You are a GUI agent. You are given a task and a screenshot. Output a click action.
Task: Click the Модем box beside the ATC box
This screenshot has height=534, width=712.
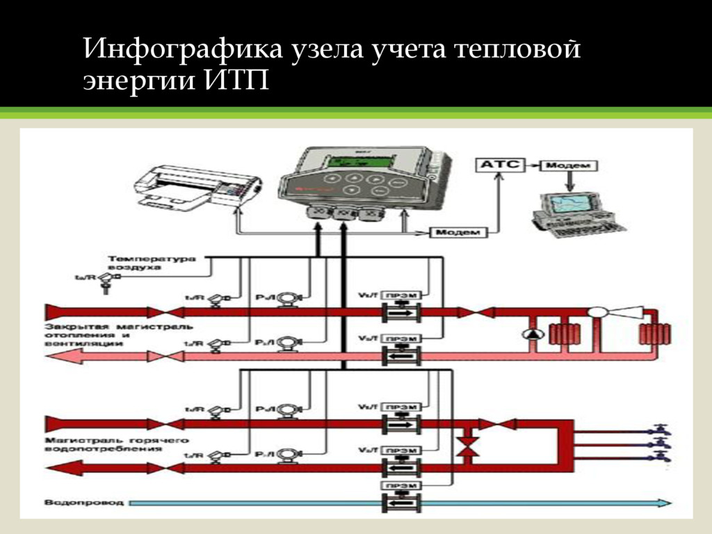click(569, 165)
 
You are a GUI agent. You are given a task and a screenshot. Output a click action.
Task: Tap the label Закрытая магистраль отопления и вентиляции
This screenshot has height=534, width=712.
click(119, 334)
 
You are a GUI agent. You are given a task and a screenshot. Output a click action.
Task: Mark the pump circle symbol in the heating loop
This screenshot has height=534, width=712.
click(532, 334)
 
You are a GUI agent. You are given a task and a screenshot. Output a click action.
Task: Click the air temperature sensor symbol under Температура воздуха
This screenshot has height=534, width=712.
click(106, 278)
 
